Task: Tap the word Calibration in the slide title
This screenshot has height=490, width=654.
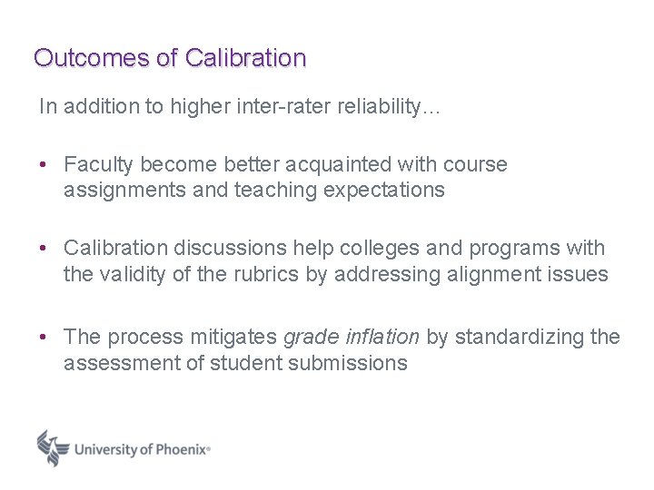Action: pos(245,58)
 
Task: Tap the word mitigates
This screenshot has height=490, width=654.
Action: pos(233,338)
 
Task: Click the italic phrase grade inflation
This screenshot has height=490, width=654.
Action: pos(352,338)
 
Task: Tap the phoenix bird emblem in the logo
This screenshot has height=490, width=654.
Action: pos(54,447)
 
